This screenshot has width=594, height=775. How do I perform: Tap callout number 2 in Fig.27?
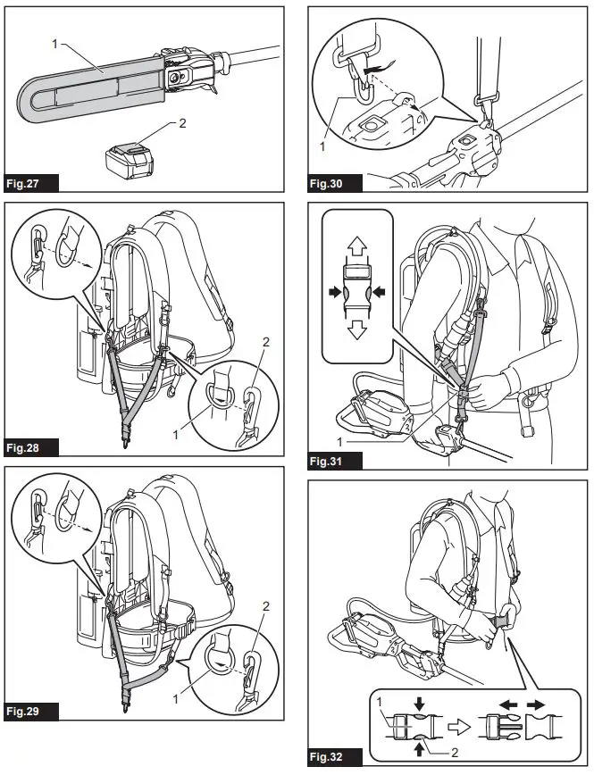183,123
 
